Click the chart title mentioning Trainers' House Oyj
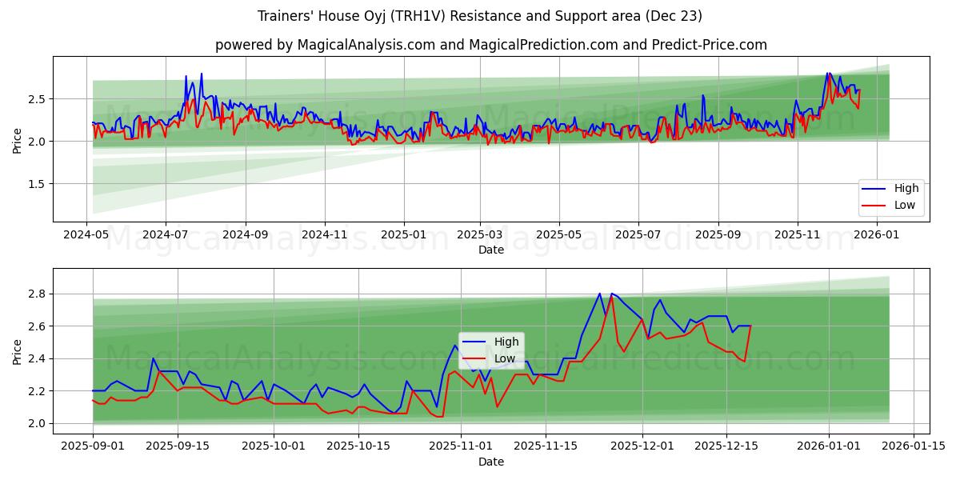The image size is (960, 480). pos(480,16)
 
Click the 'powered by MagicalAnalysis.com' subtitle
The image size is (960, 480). pos(491,45)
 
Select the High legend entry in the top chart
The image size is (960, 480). pos(906,188)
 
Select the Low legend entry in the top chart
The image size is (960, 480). pos(906,205)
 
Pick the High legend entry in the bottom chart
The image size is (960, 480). pos(505,342)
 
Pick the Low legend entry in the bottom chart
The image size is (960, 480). pos(504,358)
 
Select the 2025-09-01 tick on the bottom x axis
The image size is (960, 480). pos(93,444)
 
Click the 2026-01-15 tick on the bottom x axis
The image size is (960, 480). pos(913,444)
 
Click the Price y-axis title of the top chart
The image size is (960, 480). pos(17,139)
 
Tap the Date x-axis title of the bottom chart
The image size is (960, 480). pos(491,462)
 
